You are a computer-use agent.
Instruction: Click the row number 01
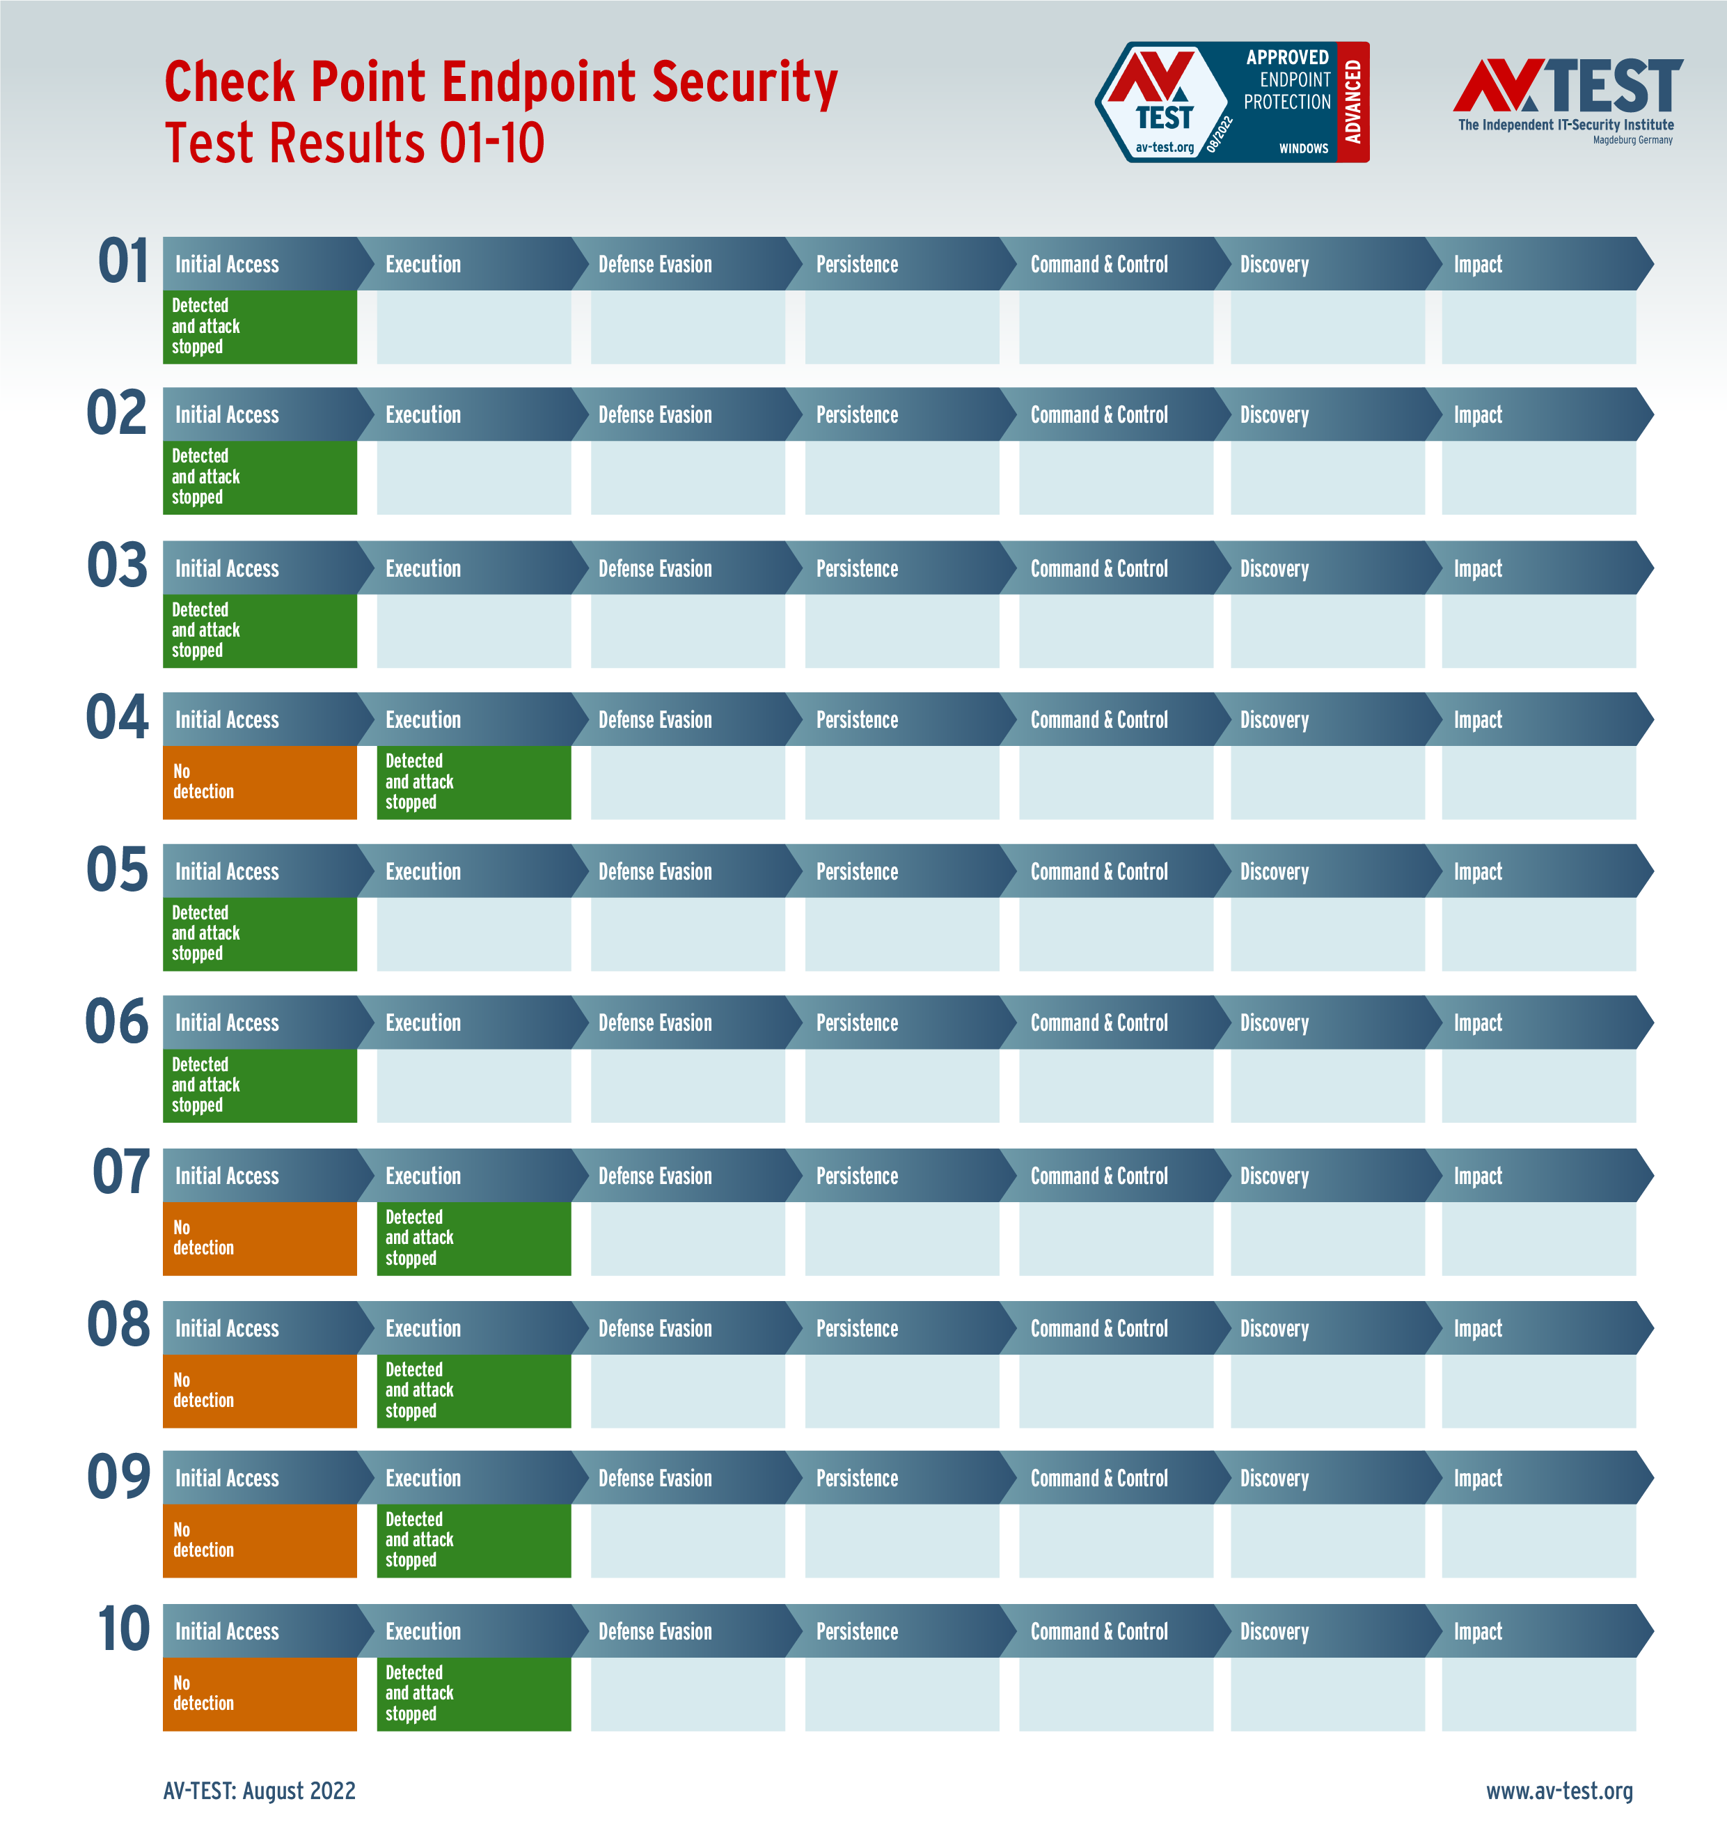(x=123, y=262)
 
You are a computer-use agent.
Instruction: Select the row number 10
(x=123, y=1629)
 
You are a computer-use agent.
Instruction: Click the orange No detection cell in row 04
(x=260, y=782)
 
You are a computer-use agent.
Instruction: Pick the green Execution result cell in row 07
(x=473, y=1238)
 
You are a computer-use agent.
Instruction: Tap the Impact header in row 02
(x=1478, y=415)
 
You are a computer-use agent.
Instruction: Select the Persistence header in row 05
(x=856, y=872)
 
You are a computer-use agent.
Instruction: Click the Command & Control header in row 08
(x=1098, y=1328)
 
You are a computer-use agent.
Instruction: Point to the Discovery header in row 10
(x=1274, y=1631)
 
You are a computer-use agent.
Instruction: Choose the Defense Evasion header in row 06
(x=654, y=1023)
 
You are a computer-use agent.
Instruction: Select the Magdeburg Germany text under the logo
(x=1632, y=140)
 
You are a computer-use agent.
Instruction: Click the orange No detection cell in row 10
(x=260, y=1694)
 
